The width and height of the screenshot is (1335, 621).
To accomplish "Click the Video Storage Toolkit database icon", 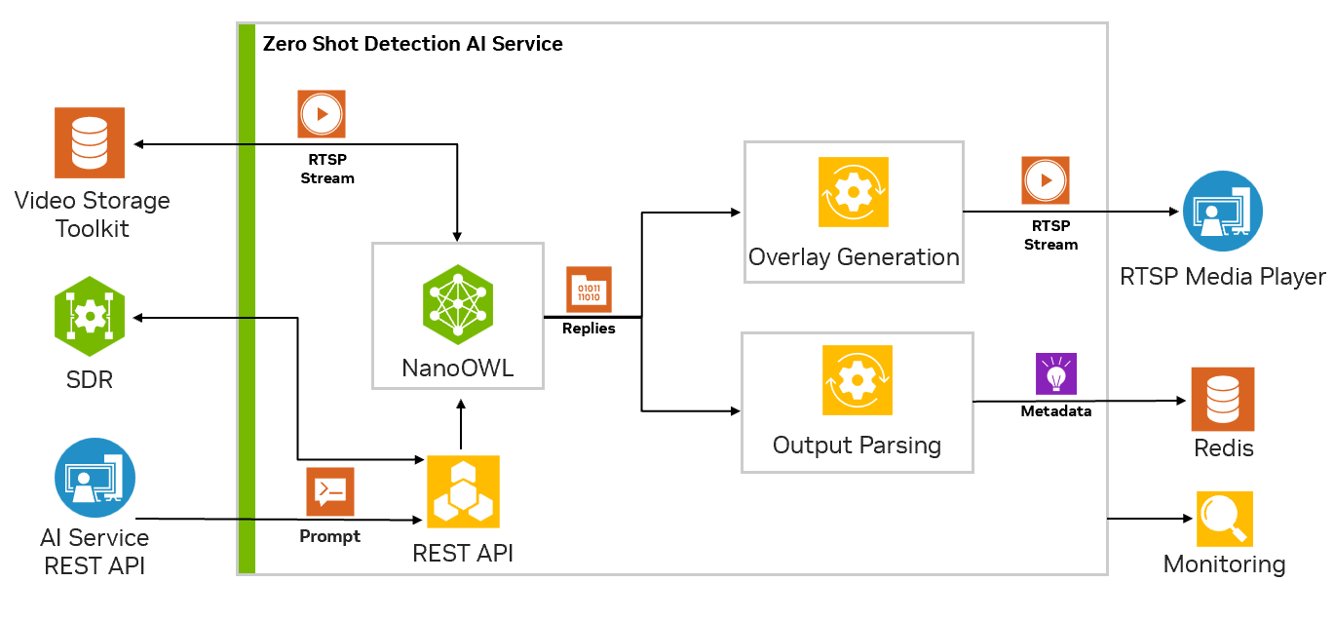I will coord(90,142).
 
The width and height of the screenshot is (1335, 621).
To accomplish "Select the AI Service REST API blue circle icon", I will coord(95,478).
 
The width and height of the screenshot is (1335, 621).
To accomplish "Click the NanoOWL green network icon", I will coord(457,304).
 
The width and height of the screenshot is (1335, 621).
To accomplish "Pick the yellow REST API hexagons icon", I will coord(463,490).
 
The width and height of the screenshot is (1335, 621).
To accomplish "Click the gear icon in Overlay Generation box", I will coord(854,192).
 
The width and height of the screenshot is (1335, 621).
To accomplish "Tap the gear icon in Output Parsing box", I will coord(857,380).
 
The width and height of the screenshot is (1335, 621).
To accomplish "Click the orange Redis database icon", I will coord(1222,400).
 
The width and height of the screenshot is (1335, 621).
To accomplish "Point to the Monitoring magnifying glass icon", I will coord(1224,519).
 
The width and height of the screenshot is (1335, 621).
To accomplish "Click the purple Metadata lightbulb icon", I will coord(1055,373).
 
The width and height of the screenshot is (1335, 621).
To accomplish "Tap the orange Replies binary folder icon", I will coord(589,290).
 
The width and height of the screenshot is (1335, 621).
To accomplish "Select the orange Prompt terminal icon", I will coord(330,491).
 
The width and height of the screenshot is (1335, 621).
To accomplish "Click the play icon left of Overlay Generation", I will coord(322,114).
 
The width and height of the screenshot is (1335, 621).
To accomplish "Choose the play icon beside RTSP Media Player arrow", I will coord(1045,180).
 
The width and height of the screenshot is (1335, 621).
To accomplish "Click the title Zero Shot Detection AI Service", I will coord(412,44).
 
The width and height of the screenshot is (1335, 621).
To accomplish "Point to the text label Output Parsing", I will coord(857,446).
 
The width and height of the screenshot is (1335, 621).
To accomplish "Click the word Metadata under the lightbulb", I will coord(1055,411).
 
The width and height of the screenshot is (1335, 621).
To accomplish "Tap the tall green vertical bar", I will coord(247,297).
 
